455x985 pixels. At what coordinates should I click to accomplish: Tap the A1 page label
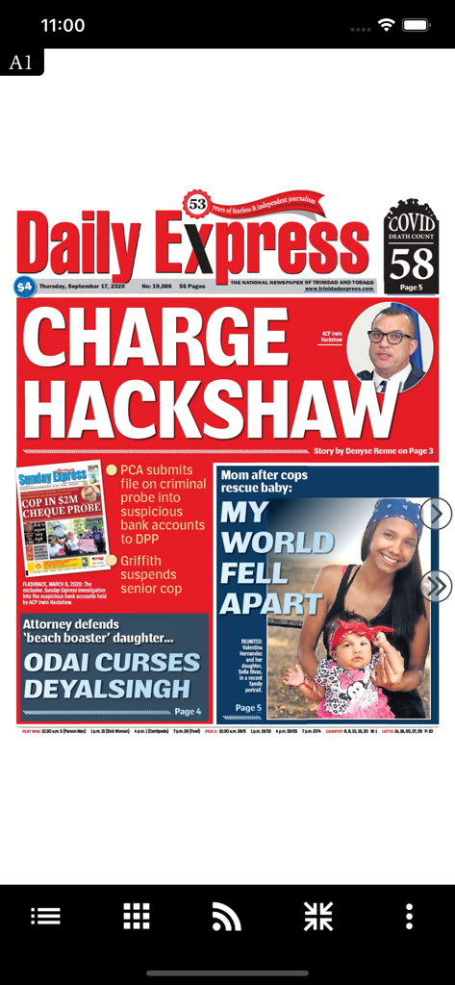pyautogui.click(x=20, y=63)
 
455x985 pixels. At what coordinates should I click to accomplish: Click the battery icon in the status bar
pyautogui.click(x=417, y=25)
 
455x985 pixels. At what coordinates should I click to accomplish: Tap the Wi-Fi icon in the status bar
pyautogui.click(x=387, y=25)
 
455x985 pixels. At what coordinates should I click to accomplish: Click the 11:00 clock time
pyautogui.click(x=63, y=25)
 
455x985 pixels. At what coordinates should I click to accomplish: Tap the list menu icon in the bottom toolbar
pyautogui.click(x=45, y=916)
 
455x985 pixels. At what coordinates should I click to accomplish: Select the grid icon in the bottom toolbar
pyautogui.click(x=137, y=916)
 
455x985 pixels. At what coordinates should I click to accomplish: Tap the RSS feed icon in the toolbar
pyautogui.click(x=226, y=917)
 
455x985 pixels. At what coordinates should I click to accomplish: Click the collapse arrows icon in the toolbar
pyautogui.click(x=317, y=916)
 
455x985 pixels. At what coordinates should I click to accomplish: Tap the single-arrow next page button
pyautogui.click(x=436, y=514)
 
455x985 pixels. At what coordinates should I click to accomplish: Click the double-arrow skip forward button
pyautogui.click(x=436, y=585)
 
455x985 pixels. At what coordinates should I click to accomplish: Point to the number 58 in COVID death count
pyautogui.click(x=412, y=263)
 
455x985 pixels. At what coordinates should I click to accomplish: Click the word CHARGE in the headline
pyautogui.click(x=156, y=339)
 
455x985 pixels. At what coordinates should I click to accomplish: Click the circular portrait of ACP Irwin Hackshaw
pyautogui.click(x=390, y=348)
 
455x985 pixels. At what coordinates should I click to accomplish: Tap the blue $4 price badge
pyautogui.click(x=24, y=286)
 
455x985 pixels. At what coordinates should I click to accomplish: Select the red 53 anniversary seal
pyautogui.click(x=197, y=205)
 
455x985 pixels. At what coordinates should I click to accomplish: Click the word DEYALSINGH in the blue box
pyautogui.click(x=107, y=689)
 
